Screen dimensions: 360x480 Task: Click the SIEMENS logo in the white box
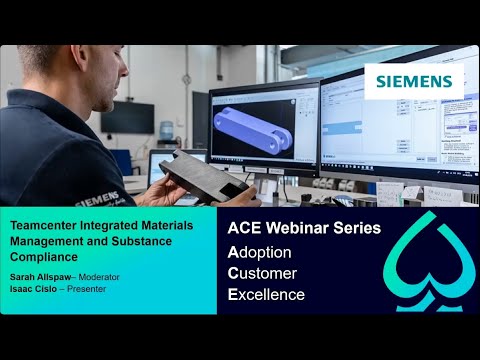click(x=413, y=81)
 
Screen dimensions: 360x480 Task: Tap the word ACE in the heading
click(x=245, y=228)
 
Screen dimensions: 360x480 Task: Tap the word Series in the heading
click(x=357, y=228)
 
